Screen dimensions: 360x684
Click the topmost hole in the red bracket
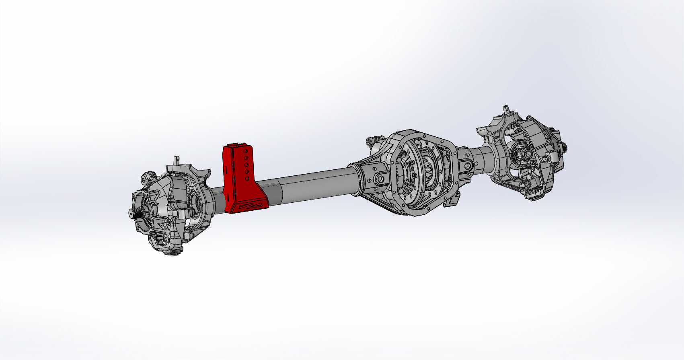point(246,152)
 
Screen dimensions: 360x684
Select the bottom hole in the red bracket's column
point(247,178)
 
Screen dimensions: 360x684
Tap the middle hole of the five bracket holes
point(246,165)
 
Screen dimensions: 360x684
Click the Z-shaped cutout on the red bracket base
point(250,206)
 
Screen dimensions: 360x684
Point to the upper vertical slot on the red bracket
point(227,171)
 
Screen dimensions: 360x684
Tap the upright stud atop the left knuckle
point(177,160)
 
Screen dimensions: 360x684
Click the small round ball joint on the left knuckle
point(148,176)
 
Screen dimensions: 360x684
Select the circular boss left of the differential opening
point(380,178)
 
